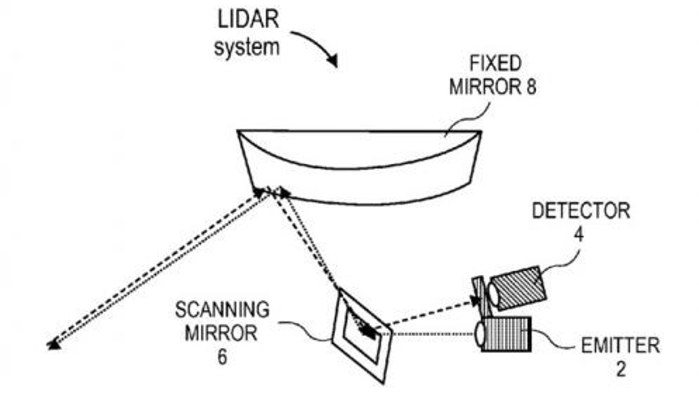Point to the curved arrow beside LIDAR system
(x=317, y=46)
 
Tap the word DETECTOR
(x=581, y=211)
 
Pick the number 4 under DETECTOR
(x=579, y=235)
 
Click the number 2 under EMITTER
(x=621, y=370)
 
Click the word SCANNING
(x=222, y=310)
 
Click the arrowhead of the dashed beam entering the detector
(x=473, y=301)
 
